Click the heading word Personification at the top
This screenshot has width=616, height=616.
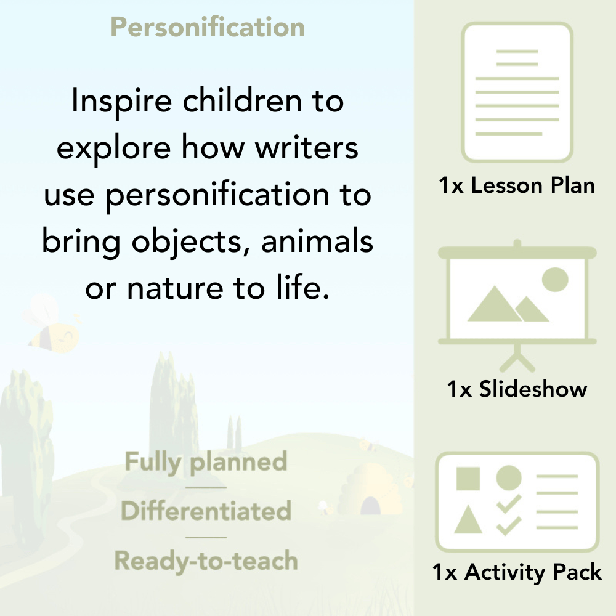click(x=208, y=28)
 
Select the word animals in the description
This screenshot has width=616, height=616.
click(x=317, y=241)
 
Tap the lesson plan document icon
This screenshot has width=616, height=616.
click(x=517, y=92)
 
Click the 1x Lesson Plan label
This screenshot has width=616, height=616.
click(x=517, y=185)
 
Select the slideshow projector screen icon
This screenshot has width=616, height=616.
click(x=517, y=296)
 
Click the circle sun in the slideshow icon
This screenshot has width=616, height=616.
click(x=554, y=279)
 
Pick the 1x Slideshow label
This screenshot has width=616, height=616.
click(x=517, y=389)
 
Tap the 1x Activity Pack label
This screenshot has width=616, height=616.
click(x=517, y=572)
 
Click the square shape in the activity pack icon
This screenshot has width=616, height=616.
click(x=468, y=478)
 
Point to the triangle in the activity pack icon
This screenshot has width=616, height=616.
click(x=468, y=519)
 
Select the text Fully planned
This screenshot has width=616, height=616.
click(x=206, y=462)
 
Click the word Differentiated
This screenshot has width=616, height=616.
click(x=206, y=511)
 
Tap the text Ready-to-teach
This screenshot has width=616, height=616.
click(x=206, y=561)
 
